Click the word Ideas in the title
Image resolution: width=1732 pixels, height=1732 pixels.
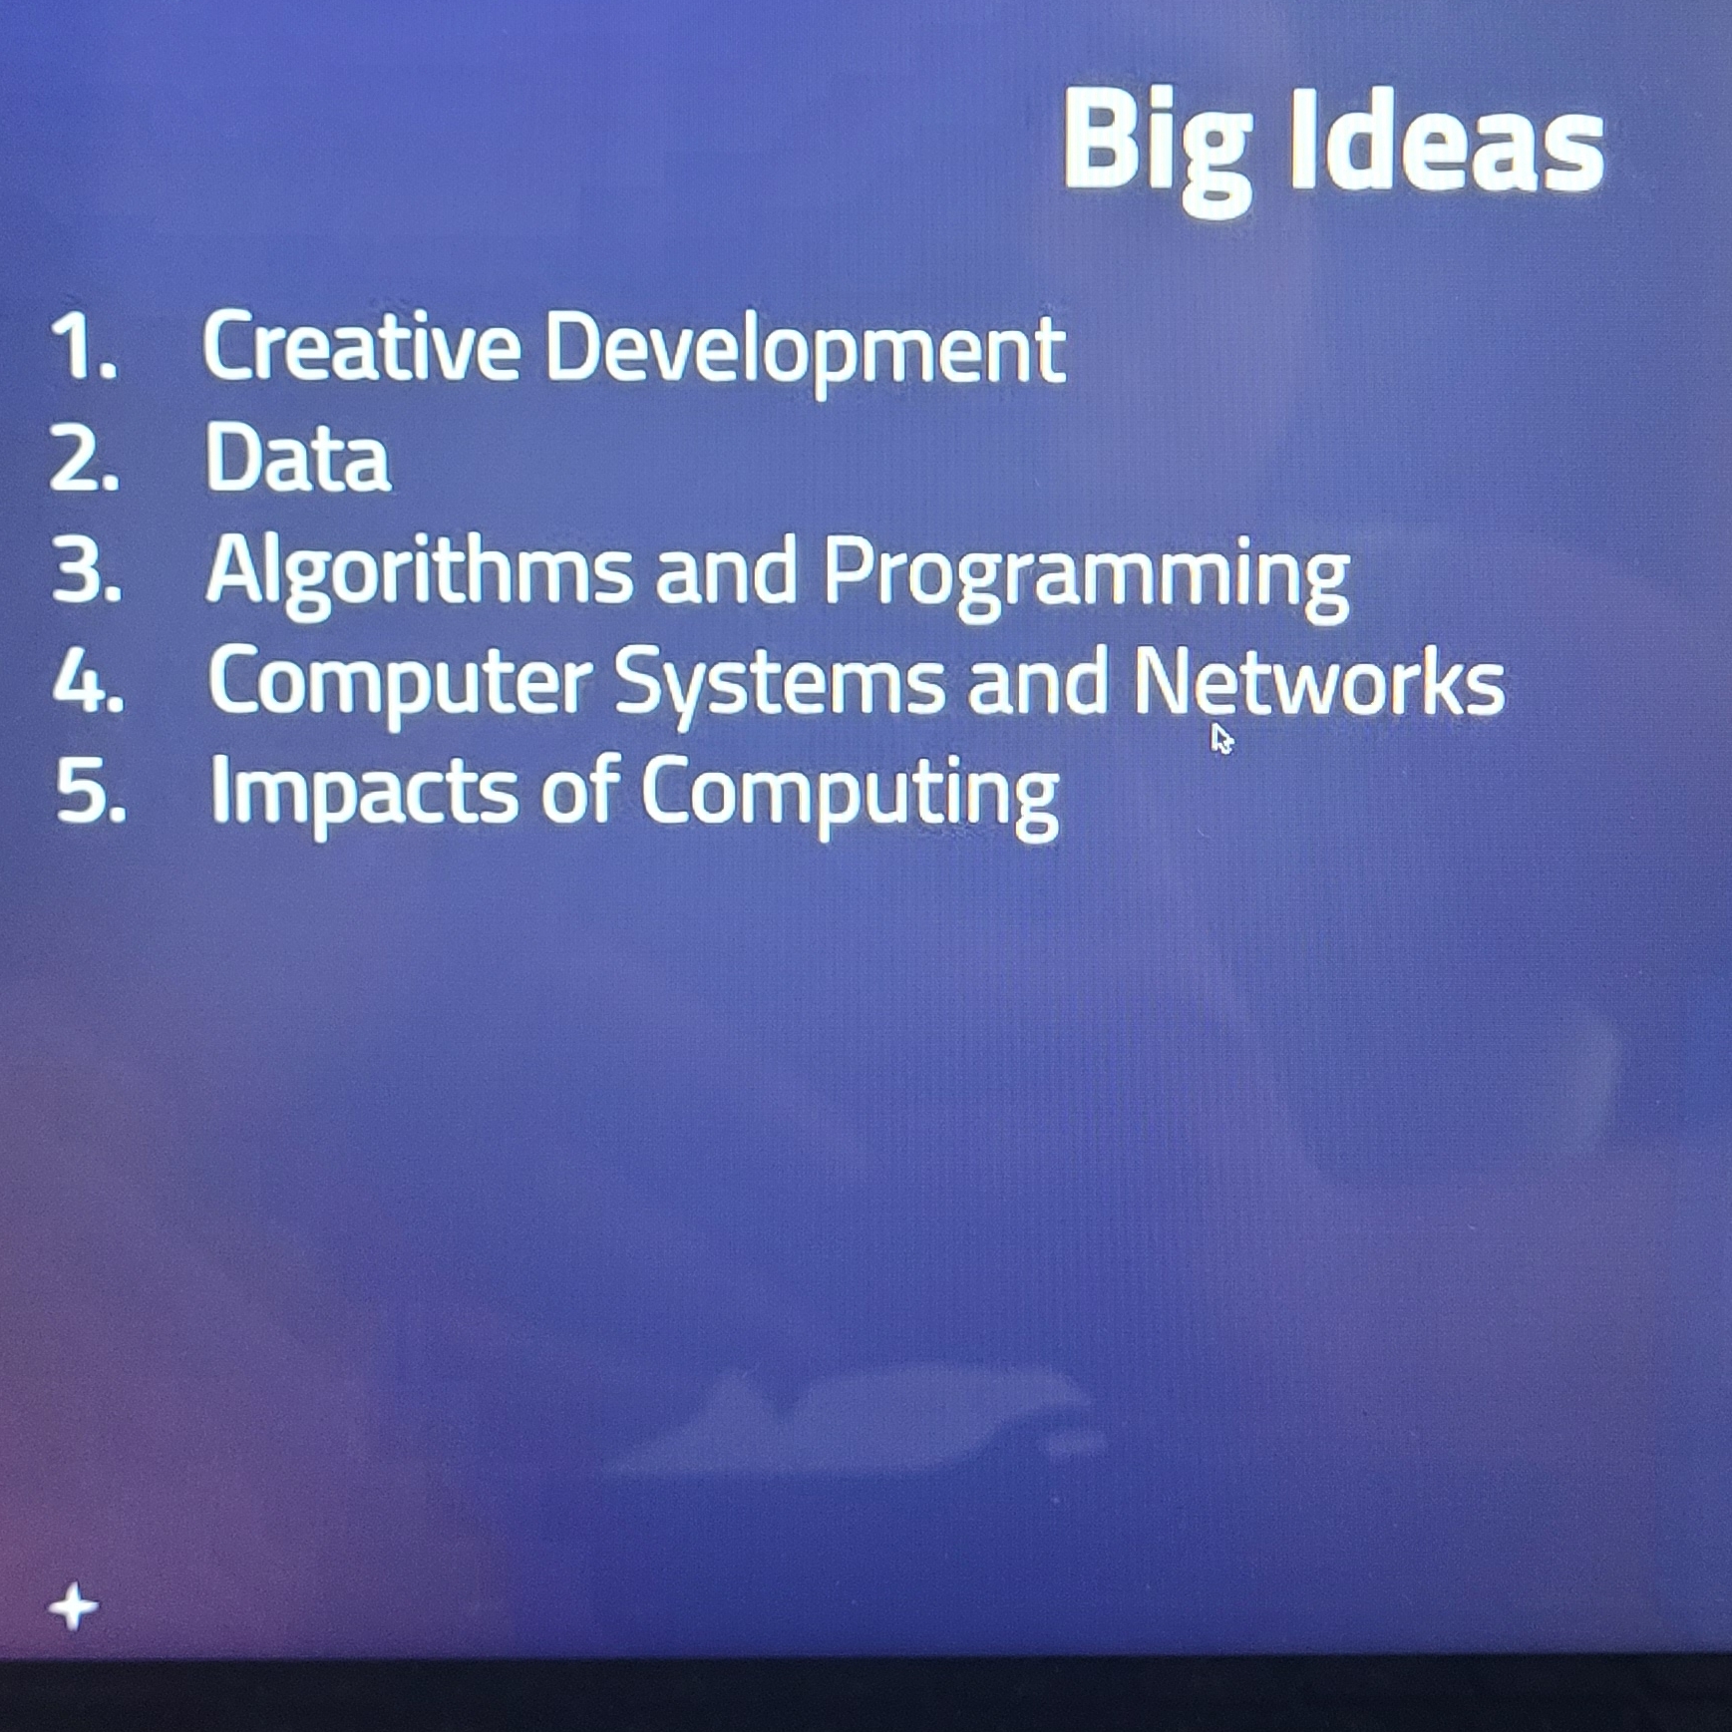point(1449,140)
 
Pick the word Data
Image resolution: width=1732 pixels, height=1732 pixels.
point(297,457)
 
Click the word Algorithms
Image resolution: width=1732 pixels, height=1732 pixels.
point(419,573)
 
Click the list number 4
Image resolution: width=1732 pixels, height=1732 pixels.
point(89,681)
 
